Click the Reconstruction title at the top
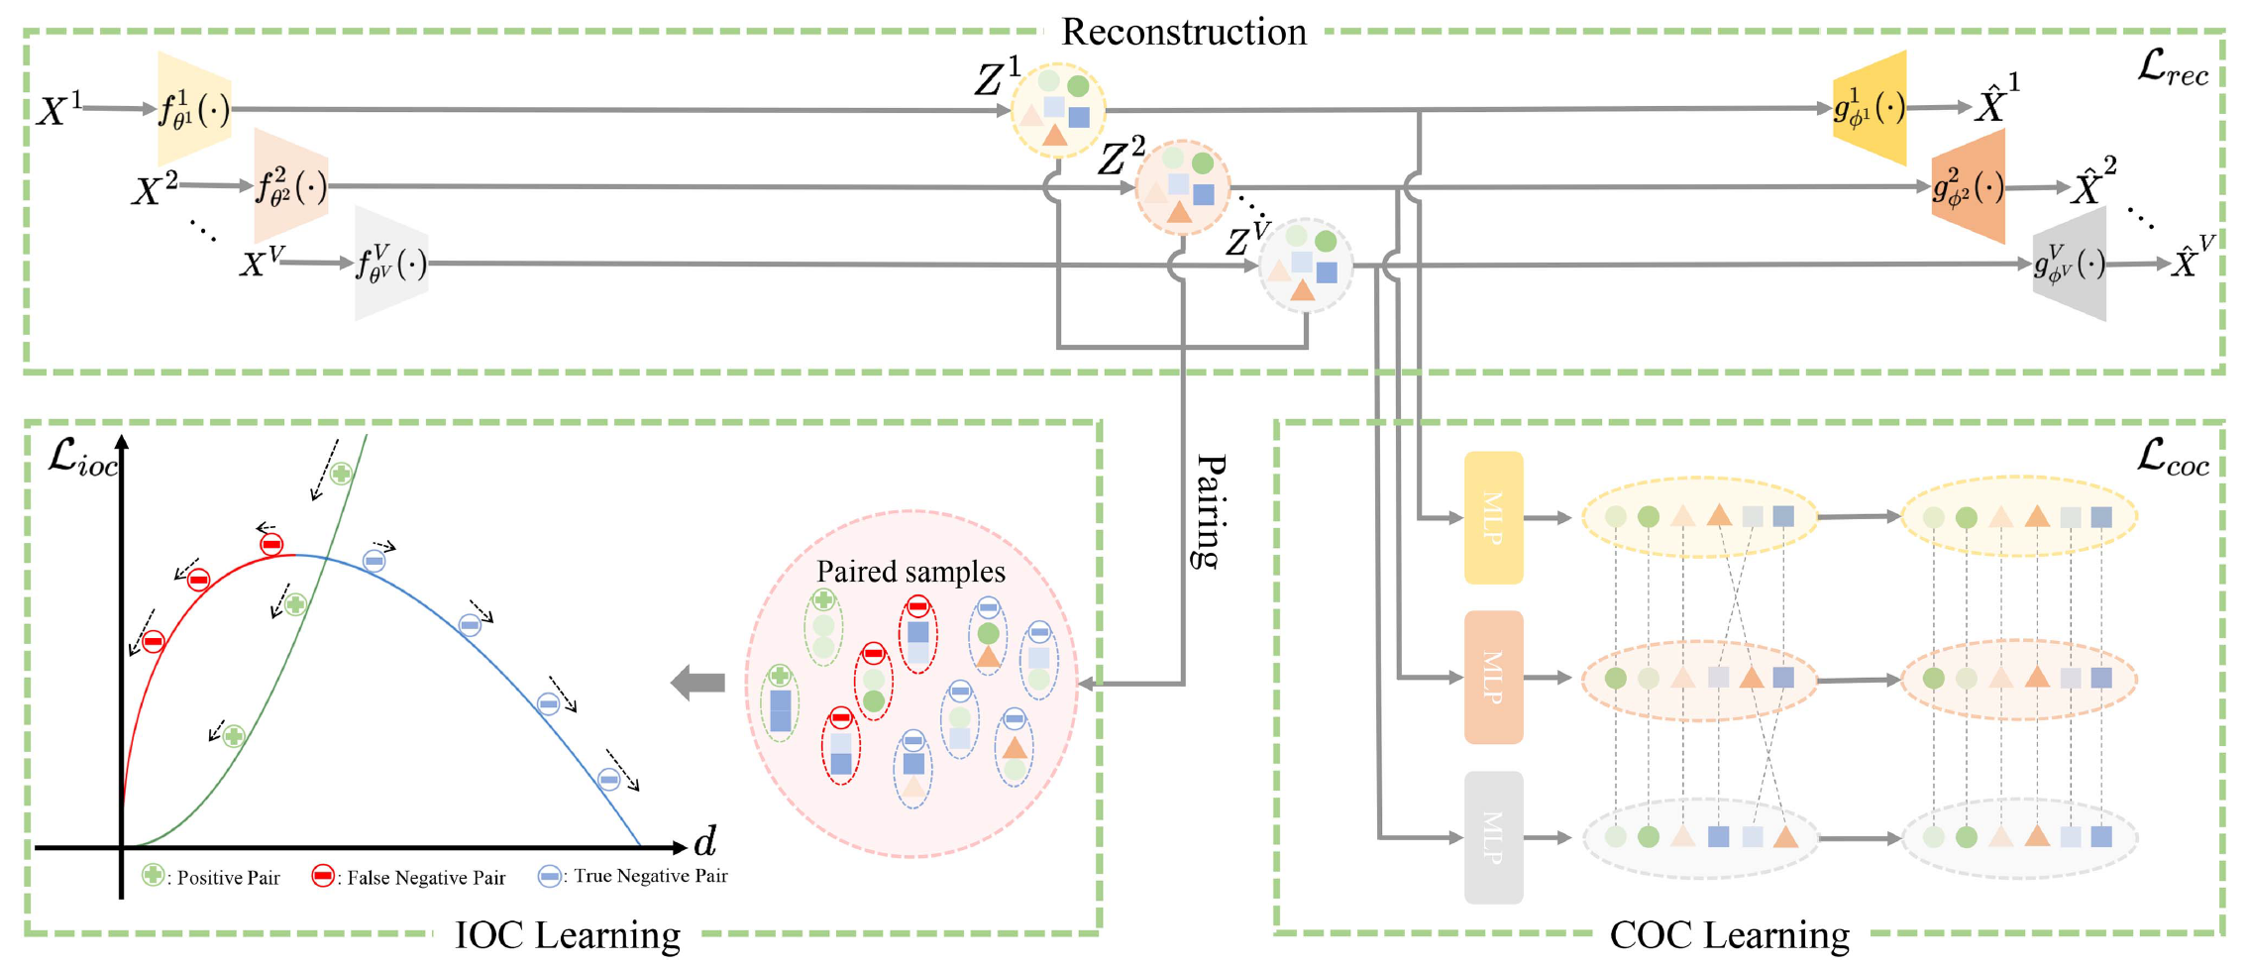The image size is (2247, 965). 1184,32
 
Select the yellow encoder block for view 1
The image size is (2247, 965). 194,109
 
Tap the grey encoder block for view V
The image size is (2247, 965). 391,264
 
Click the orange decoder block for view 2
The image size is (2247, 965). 1969,186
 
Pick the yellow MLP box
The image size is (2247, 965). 1493,517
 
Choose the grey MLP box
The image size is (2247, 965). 1493,837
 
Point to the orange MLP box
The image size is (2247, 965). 1493,678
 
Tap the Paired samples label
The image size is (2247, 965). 910,572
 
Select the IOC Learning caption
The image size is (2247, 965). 568,934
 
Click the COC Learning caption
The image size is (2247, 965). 1729,934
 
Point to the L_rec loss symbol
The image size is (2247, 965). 2173,67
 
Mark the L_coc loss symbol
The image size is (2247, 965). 2173,457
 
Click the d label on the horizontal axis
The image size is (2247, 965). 704,841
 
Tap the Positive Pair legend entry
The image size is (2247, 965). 212,877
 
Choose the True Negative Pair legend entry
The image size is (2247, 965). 634,876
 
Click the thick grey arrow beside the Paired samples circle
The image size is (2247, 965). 698,682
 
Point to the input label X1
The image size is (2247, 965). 59,109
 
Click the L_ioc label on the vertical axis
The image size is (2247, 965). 83,458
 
